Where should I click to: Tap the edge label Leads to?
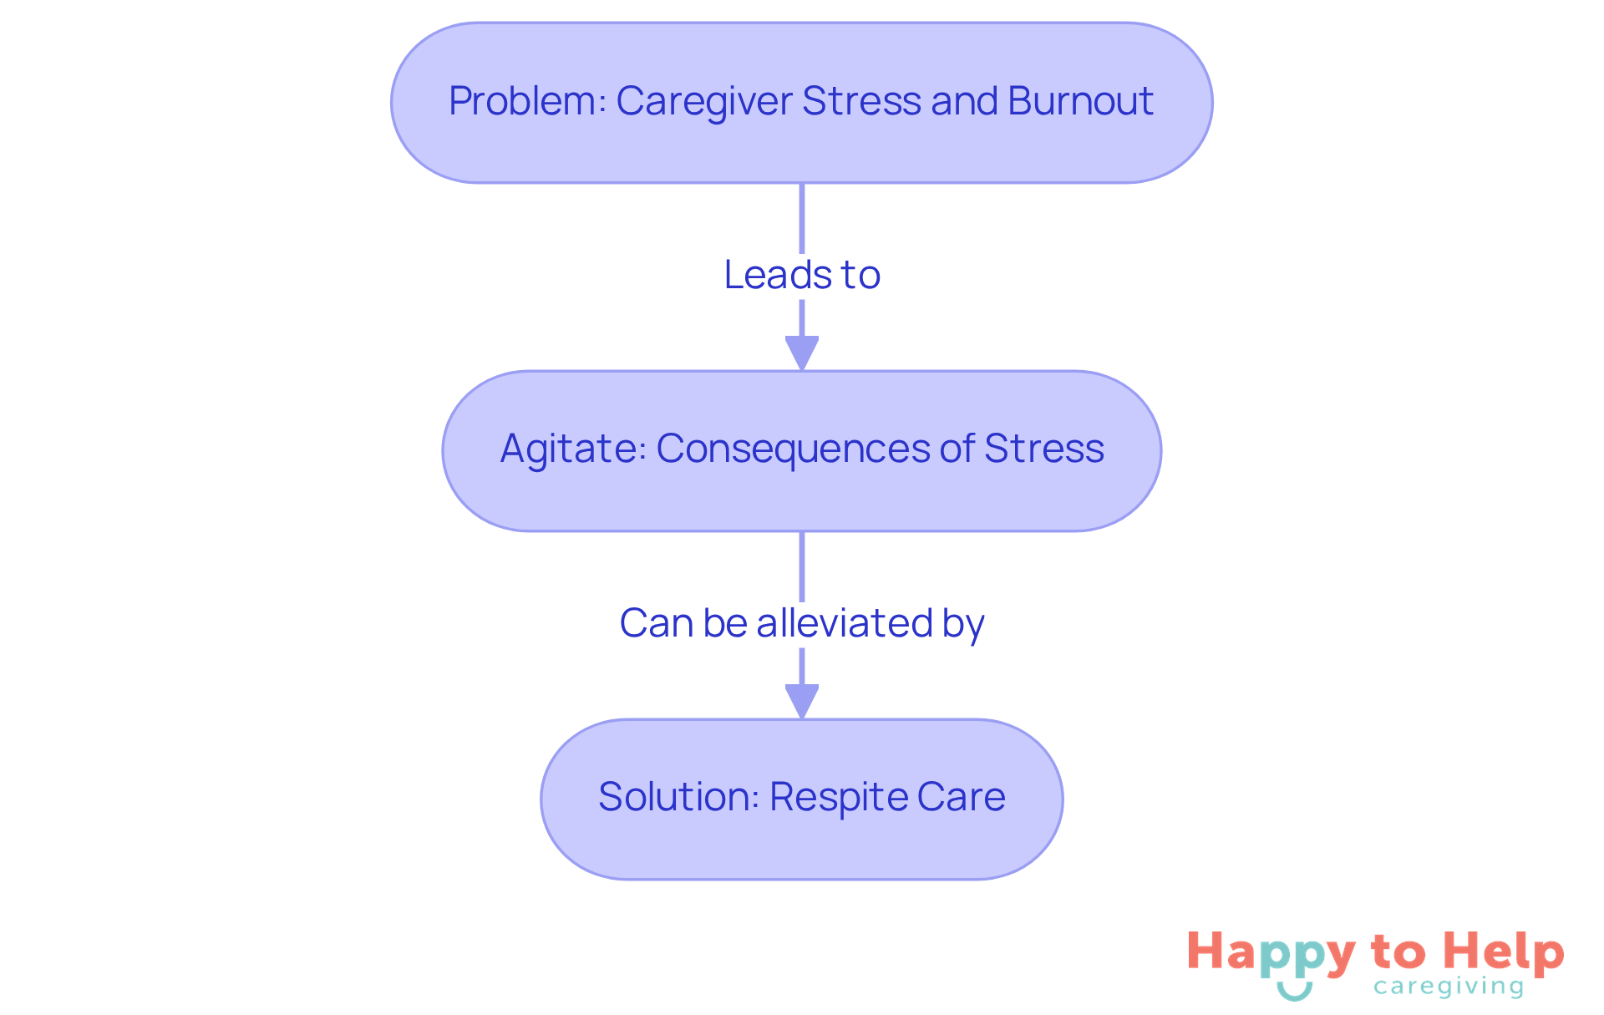[802, 275]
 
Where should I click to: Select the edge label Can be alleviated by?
[802, 623]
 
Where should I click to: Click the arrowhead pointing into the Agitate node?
[802, 353]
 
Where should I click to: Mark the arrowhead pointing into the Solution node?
[802, 701]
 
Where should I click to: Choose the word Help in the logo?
[1504, 952]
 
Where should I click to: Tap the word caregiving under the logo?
[1449, 987]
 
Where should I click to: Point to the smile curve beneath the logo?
[1295, 992]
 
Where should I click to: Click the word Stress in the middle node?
[1043, 449]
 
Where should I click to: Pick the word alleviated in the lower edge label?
[845, 623]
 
